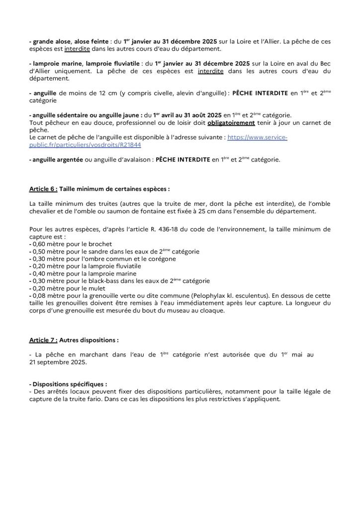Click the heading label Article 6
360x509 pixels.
[44, 189]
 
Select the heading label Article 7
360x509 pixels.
[44, 340]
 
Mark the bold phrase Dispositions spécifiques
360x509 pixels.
[69, 384]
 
